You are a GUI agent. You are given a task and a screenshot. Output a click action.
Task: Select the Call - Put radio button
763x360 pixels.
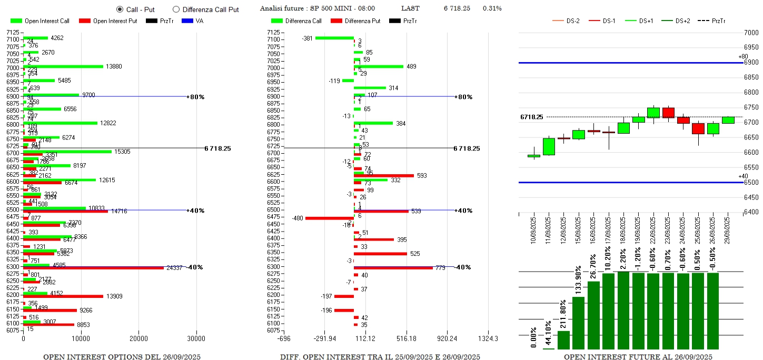click(x=120, y=9)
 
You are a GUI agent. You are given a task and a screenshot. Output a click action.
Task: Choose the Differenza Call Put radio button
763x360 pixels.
click(x=176, y=9)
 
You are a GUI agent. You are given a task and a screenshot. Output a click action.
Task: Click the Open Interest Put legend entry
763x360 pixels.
click(x=107, y=21)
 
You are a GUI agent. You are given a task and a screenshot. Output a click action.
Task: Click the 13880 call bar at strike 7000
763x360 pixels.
click(x=63, y=66)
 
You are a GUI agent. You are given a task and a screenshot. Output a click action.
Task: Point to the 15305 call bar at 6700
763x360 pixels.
click(x=67, y=152)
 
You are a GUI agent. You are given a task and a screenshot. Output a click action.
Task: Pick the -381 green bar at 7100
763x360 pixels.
click(x=334, y=38)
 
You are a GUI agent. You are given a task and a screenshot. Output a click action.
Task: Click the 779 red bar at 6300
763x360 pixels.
click(x=393, y=268)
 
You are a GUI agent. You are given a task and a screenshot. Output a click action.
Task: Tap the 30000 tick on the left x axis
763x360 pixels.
click(x=196, y=338)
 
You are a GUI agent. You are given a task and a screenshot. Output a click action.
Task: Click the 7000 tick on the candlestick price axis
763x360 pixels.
click(x=750, y=33)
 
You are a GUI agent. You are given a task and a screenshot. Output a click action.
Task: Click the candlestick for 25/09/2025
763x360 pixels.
click(x=698, y=129)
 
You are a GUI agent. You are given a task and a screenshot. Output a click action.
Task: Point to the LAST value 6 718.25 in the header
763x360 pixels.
click(x=457, y=8)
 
